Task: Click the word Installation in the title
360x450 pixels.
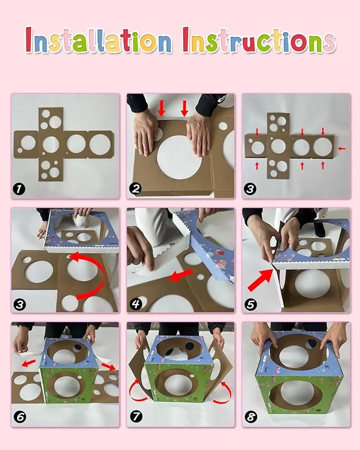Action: point(99,41)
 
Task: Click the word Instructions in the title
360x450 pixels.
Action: point(259,41)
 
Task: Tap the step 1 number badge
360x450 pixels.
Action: point(19,189)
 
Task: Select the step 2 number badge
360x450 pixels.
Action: point(135,189)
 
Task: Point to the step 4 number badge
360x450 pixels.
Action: point(136,304)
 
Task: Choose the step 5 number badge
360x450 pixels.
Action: point(251,304)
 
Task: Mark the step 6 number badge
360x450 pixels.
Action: point(20,417)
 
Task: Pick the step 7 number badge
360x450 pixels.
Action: point(136,417)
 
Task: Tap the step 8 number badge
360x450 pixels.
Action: point(251,417)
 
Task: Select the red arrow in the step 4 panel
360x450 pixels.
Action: point(181,275)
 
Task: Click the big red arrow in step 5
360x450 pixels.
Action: point(260,280)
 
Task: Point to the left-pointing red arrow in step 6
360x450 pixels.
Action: point(29,363)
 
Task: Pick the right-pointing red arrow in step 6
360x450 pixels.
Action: point(108,366)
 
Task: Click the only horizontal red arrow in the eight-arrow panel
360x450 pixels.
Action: point(341,148)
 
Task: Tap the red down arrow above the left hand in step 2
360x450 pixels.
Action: point(162,109)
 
